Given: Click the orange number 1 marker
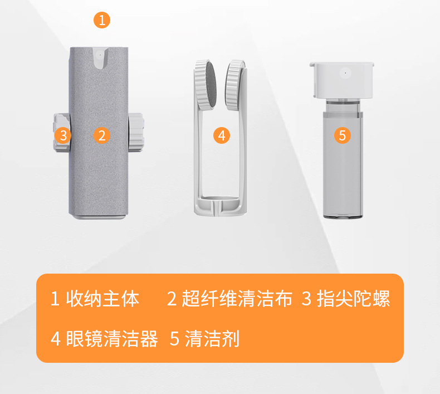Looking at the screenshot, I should [101, 21].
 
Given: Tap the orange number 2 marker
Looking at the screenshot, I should [101, 135].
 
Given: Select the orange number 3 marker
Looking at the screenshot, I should [63, 135].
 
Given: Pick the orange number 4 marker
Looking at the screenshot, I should [221, 135].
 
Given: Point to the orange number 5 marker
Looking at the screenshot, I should [343, 135].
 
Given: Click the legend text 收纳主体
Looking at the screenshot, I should [102, 299].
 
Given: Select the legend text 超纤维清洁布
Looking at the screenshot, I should [237, 299].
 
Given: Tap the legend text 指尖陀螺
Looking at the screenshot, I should [353, 299].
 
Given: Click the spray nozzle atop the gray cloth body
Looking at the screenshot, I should [99, 56].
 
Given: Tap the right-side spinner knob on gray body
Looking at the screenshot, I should [136, 133].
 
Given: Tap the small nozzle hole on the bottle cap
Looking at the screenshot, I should [345, 72].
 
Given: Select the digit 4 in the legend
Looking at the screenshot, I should [55, 339].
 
